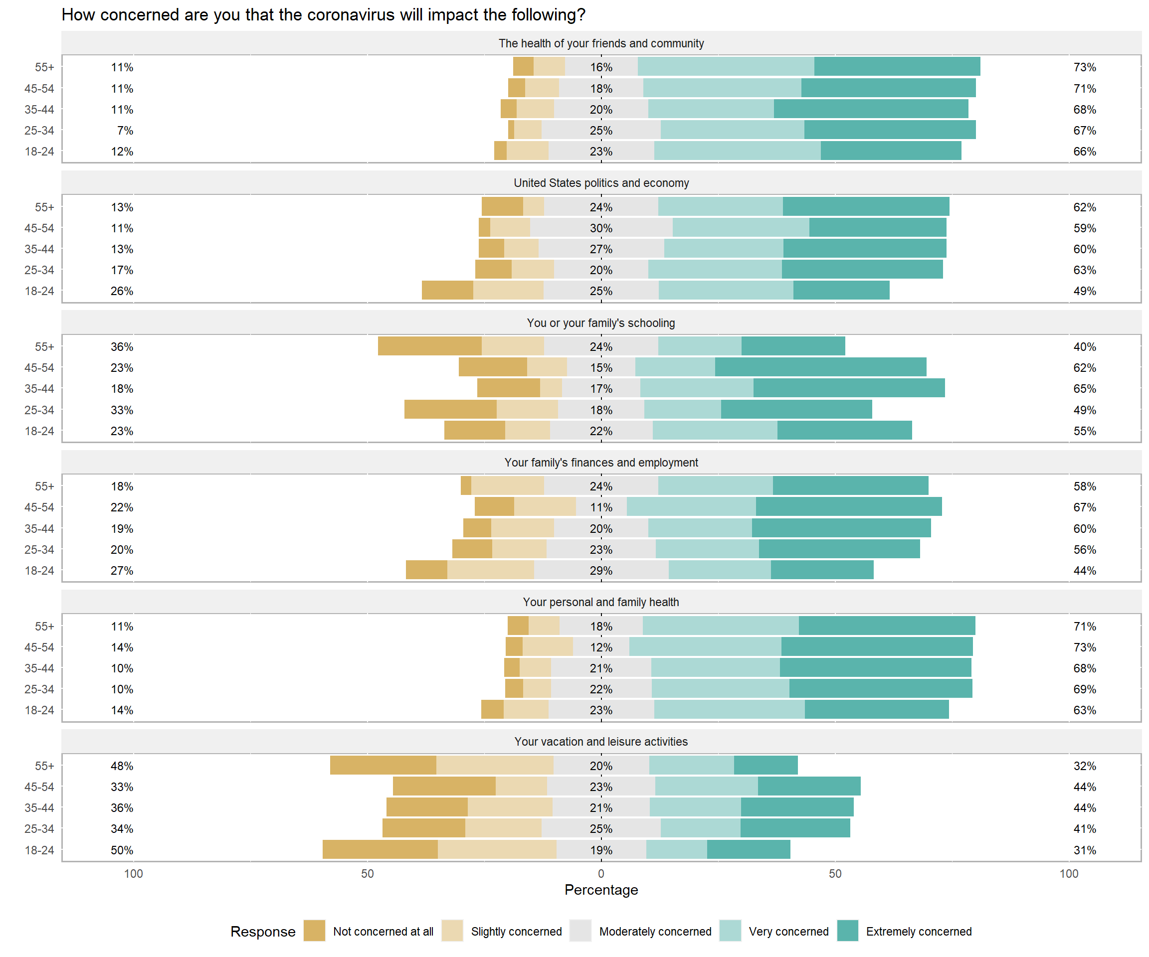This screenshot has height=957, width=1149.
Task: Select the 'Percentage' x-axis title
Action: click(601, 890)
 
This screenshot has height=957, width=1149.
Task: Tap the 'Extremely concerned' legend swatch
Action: click(847, 931)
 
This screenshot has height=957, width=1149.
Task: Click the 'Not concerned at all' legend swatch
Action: click(314, 931)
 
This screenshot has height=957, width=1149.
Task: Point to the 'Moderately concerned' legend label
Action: click(655, 931)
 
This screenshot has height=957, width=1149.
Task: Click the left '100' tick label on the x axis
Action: click(134, 874)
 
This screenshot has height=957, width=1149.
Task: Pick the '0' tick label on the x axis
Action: click(601, 874)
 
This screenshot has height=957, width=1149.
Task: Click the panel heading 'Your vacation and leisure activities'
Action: click(601, 742)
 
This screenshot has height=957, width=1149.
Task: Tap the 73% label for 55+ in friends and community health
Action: click(1085, 67)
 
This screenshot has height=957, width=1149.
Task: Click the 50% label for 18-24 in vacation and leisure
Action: click(122, 850)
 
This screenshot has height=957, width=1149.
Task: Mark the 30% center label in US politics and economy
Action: click(601, 228)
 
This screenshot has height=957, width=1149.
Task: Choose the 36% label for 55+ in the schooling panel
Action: click(122, 347)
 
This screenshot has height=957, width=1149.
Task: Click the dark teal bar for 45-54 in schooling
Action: click(820, 367)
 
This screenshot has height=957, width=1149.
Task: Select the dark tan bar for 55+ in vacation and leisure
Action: click(383, 765)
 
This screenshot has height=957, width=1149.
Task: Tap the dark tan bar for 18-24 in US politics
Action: click(447, 291)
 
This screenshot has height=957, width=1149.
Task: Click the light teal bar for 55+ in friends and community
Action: click(726, 67)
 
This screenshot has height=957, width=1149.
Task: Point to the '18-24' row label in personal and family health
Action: click(39, 710)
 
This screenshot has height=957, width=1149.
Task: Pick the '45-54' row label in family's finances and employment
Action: click(39, 507)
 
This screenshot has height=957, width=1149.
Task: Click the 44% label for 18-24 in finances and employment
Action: click(1085, 570)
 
